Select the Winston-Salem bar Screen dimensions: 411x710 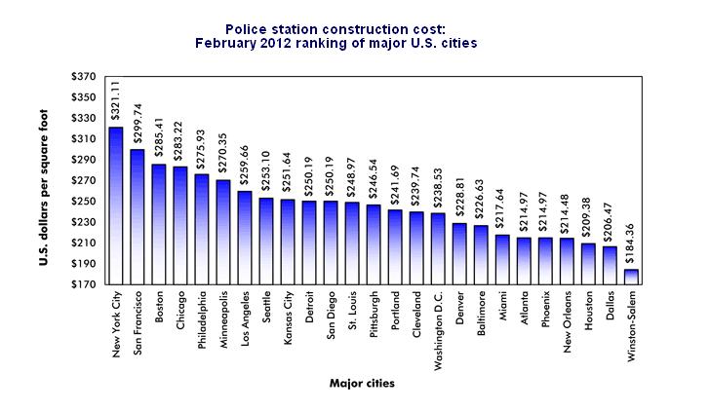tap(631, 277)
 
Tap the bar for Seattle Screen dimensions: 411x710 tap(266, 241)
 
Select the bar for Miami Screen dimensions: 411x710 tap(502, 259)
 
